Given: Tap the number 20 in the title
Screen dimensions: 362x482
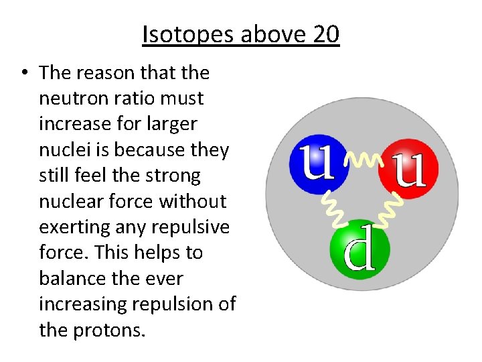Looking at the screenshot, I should (x=325, y=35).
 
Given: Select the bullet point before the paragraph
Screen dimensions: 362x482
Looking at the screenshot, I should (x=24, y=73).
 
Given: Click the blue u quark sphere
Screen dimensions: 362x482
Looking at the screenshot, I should (x=318, y=164).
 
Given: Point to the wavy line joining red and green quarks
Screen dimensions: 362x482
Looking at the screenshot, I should (x=391, y=209).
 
